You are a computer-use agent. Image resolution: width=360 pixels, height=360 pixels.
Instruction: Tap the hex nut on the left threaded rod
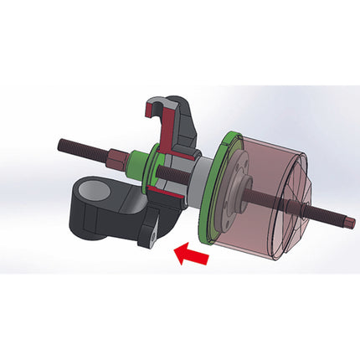pyautogui.click(x=114, y=155)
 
